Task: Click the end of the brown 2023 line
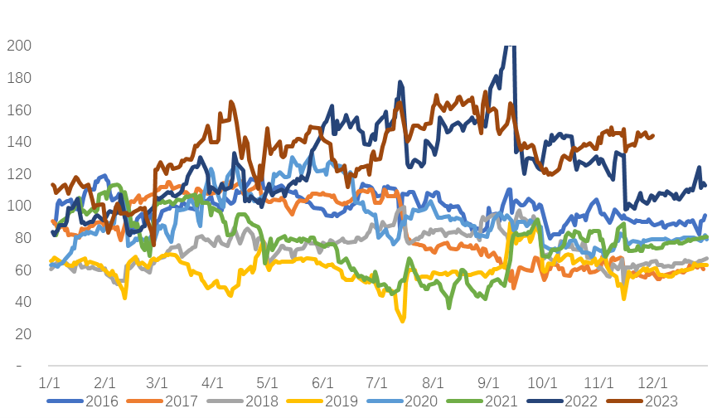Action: click(x=653, y=136)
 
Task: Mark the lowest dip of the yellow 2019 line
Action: click(x=404, y=320)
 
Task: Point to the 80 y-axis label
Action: click(x=20, y=238)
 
